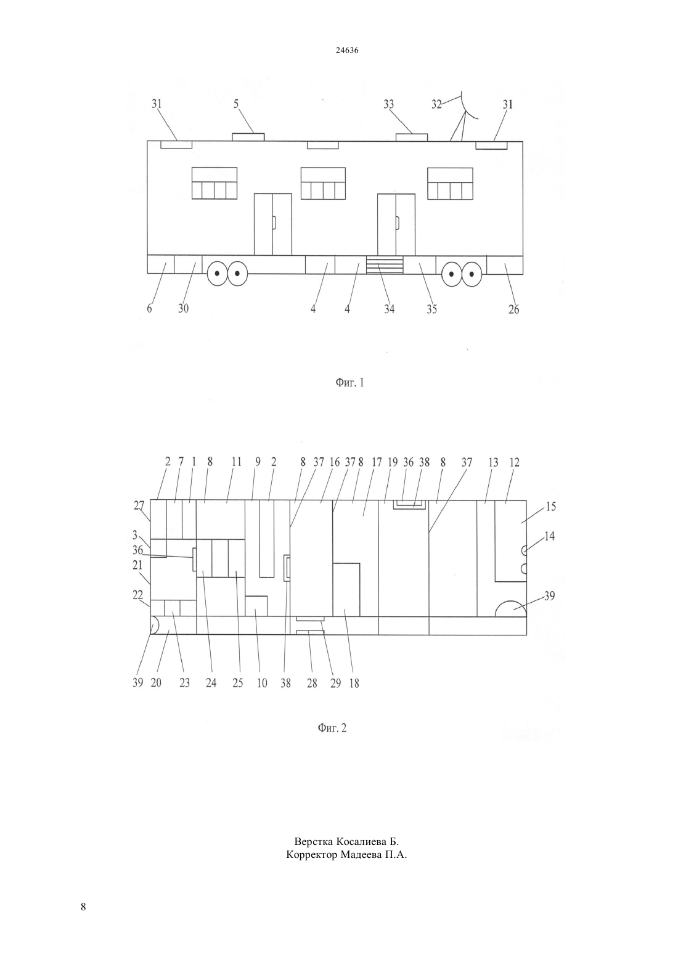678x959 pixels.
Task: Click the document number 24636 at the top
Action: click(x=346, y=51)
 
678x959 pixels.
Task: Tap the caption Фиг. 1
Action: click(x=349, y=382)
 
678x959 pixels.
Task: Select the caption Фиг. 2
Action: click(x=332, y=728)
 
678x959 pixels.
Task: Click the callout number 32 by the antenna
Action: click(x=436, y=104)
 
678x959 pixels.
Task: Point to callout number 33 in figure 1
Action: click(x=389, y=104)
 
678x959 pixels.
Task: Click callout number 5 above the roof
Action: click(x=236, y=104)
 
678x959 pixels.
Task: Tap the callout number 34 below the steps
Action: click(x=389, y=309)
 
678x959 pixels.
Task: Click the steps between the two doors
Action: click(x=385, y=265)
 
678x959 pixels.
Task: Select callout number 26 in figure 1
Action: click(x=513, y=309)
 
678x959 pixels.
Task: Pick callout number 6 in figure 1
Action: click(x=149, y=308)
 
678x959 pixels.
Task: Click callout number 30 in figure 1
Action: click(x=183, y=308)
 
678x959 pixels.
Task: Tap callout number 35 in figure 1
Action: click(x=431, y=309)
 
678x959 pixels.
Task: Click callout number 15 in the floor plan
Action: click(x=551, y=507)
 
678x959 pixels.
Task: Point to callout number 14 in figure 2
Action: click(x=550, y=536)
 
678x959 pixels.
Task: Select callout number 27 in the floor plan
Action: click(x=139, y=505)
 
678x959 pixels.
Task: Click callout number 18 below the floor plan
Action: click(x=354, y=684)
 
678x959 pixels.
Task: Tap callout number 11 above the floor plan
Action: click(x=237, y=462)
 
